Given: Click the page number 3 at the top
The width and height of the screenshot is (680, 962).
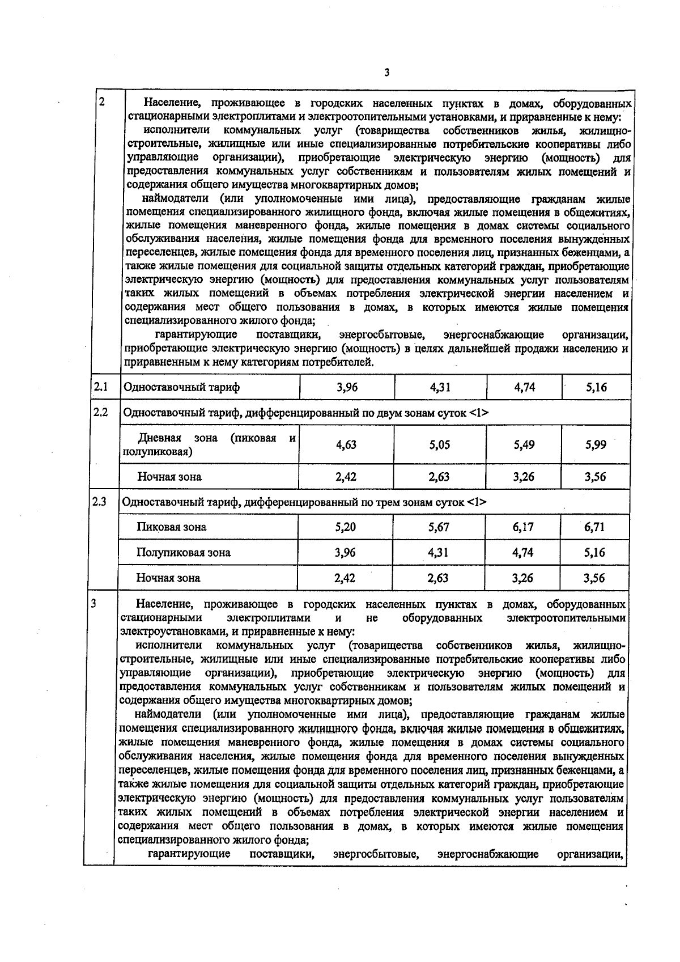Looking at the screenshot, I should tap(386, 73).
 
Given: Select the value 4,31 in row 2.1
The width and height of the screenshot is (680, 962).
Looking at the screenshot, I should tap(440, 388).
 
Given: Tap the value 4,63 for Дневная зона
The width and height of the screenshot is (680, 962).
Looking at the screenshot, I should tap(346, 445).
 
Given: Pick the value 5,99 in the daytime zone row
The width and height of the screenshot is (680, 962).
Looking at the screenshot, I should tap(596, 445).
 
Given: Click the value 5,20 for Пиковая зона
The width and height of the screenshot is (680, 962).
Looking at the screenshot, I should tap(345, 527).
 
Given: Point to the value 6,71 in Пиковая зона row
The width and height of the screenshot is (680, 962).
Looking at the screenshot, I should tap(594, 527).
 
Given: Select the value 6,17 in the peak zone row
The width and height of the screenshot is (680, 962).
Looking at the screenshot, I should tap(523, 527).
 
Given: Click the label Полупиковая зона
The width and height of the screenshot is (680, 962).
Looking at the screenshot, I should tap(183, 553).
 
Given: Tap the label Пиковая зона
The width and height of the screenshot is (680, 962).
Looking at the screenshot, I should tap(171, 527).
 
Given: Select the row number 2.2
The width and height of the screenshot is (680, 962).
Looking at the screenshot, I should tap(100, 412).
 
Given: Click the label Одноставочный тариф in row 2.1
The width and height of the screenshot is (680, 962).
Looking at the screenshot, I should tap(181, 388).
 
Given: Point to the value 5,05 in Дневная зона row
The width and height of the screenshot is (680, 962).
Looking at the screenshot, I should tap(439, 445).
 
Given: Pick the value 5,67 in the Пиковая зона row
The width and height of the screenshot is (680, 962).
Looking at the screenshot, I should tap(439, 527).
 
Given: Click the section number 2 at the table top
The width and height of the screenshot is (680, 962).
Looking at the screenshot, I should tap(101, 103).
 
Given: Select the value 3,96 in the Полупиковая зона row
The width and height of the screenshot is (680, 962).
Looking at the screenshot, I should tap(345, 553).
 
